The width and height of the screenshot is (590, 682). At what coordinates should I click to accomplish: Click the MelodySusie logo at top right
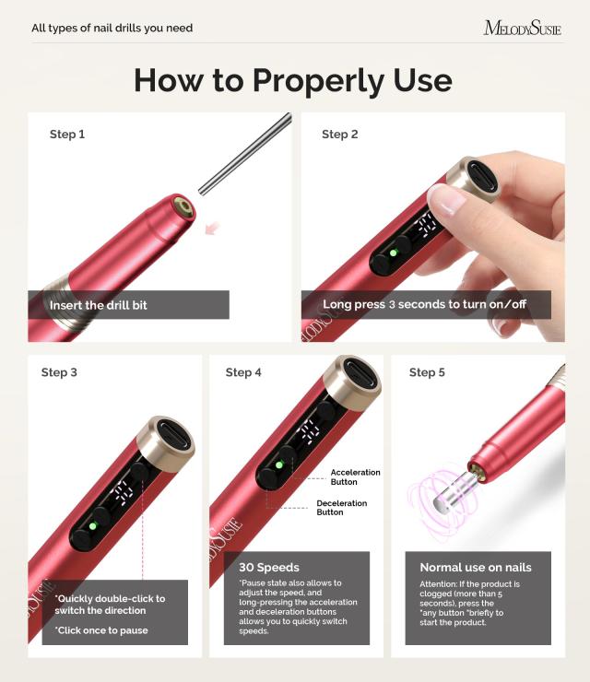[522, 28]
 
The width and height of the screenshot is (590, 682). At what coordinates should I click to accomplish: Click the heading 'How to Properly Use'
[293, 80]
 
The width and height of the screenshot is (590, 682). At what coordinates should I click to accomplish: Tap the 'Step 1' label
[67, 135]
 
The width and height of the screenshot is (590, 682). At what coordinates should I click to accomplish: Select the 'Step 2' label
[340, 135]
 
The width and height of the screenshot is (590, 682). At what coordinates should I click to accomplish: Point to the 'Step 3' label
[59, 372]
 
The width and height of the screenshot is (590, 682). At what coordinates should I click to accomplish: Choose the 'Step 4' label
[243, 372]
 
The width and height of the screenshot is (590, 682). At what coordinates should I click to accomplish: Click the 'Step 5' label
[427, 372]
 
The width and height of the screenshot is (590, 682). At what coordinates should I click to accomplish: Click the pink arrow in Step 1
[214, 227]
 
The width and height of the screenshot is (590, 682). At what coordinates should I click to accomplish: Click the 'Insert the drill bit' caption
[99, 305]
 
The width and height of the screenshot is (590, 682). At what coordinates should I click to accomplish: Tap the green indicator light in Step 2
[393, 252]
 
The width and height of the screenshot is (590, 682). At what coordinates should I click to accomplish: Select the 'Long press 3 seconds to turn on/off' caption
[425, 304]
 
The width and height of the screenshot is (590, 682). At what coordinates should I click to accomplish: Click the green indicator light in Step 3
[93, 526]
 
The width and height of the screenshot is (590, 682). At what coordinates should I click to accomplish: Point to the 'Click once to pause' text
[101, 630]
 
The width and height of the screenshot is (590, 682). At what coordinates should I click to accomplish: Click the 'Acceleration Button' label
[356, 477]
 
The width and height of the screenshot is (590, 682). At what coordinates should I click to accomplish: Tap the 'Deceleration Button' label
[342, 508]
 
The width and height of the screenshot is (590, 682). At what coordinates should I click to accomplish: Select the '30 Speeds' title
[269, 567]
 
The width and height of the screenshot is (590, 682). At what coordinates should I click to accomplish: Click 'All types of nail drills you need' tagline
[112, 29]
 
